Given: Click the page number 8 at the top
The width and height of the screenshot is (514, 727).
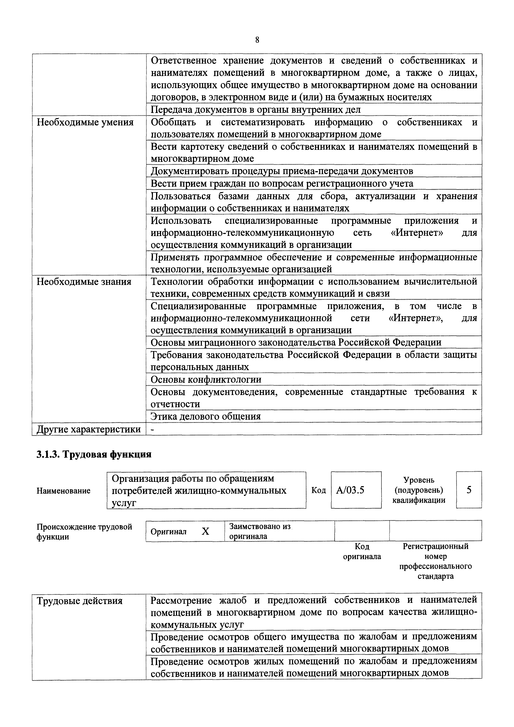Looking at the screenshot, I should [x=257, y=40].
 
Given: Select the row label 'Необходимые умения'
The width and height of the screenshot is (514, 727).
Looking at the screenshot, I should [x=85, y=122].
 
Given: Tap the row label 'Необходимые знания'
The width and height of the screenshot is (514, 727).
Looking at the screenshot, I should [x=84, y=281].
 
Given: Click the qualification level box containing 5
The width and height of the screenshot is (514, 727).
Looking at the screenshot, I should [x=469, y=490].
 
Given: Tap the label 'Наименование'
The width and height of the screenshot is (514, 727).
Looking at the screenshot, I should [x=63, y=491].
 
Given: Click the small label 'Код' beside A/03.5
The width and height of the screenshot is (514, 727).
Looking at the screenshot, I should [x=319, y=490].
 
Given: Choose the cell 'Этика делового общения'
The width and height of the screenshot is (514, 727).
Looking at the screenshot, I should [x=206, y=416].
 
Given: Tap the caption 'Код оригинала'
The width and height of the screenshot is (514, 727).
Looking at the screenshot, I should [x=362, y=551].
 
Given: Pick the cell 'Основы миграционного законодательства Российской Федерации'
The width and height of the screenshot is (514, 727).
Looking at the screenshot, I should [x=296, y=342].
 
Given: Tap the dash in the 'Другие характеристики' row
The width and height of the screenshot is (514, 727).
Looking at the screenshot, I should [x=153, y=429].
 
